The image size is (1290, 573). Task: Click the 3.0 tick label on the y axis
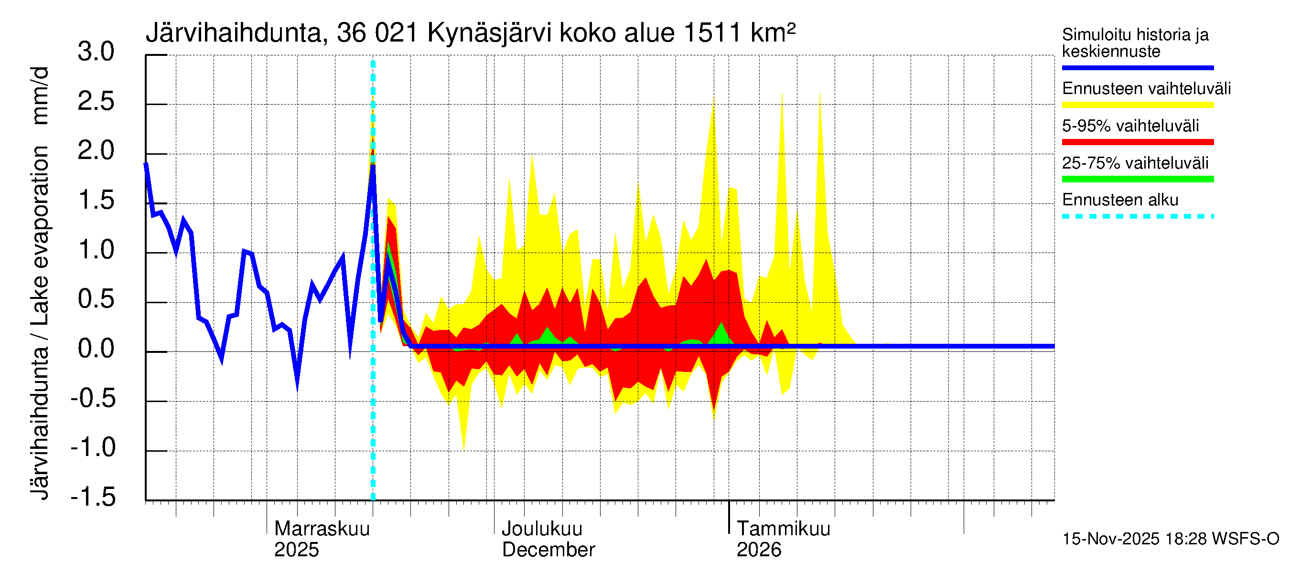96,52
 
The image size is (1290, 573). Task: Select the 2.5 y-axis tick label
96,102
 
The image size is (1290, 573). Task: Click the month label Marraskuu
322,529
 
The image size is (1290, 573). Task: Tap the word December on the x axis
548,550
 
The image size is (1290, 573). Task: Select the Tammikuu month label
783,529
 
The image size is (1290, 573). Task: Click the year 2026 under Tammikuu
758,550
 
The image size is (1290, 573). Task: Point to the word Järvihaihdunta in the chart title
233,33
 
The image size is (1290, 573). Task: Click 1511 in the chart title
711,33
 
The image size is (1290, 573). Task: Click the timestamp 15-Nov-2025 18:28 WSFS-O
1170,539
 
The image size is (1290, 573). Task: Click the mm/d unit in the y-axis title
40,95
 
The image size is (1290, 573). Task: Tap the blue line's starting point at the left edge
146,164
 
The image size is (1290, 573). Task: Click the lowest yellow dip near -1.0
464,449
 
